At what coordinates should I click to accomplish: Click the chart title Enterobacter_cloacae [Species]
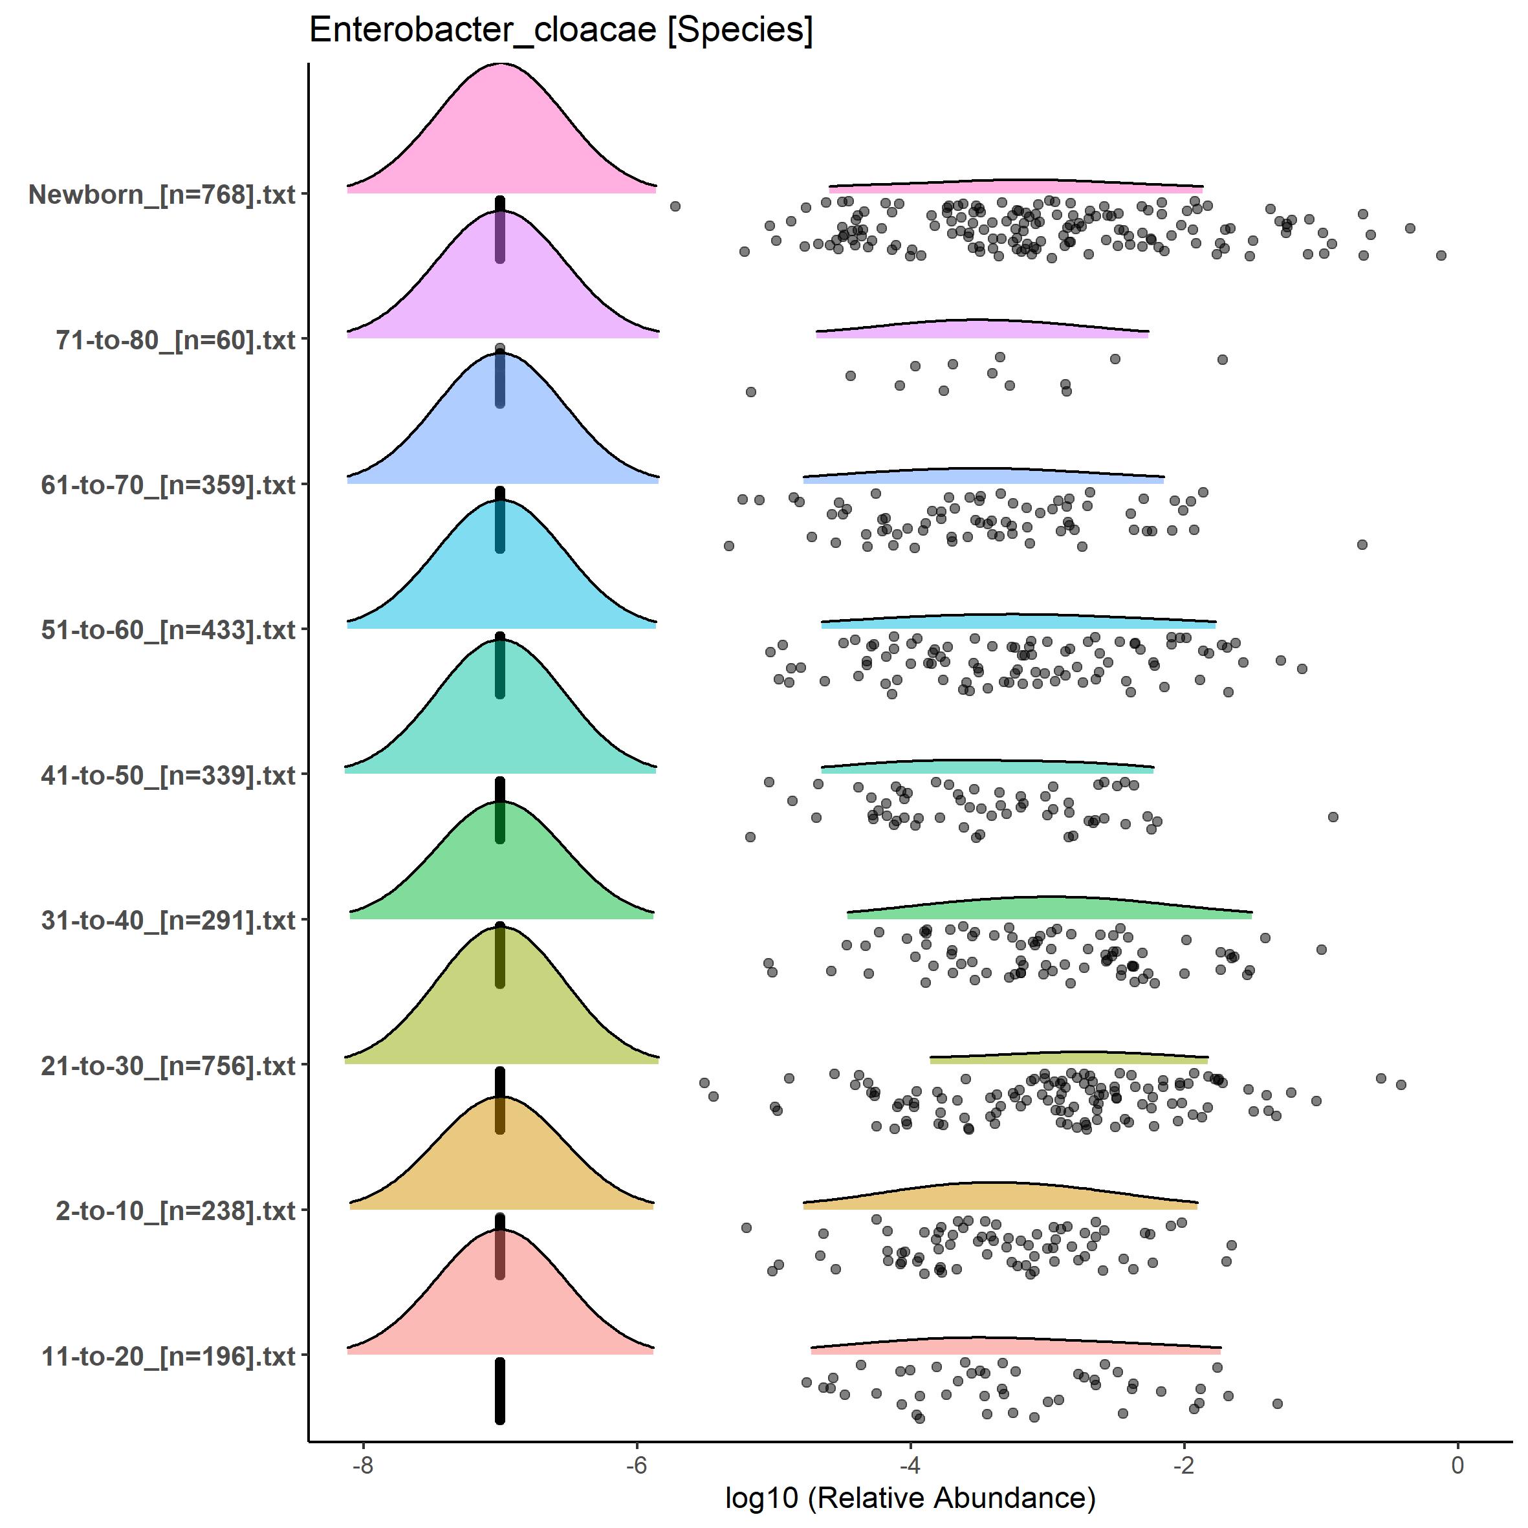click(x=560, y=31)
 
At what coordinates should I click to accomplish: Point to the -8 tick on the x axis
click(x=362, y=1465)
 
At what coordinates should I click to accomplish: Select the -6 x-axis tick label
click(x=636, y=1465)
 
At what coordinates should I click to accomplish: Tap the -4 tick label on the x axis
click(x=910, y=1465)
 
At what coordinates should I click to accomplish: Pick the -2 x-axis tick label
click(x=1183, y=1465)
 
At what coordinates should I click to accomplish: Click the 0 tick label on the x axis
click(x=1457, y=1465)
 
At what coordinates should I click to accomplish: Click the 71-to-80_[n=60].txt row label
click(x=175, y=340)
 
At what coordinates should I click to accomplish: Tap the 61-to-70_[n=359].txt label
click(x=168, y=485)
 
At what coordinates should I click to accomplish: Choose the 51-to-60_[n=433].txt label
click(x=168, y=630)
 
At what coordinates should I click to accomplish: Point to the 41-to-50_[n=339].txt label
click(x=168, y=776)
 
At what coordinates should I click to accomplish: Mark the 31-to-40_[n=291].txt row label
click(x=168, y=921)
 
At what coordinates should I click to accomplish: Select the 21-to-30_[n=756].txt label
click(x=168, y=1066)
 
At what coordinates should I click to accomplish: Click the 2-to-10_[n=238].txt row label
click(x=175, y=1211)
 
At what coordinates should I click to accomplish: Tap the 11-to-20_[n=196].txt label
click(x=168, y=1357)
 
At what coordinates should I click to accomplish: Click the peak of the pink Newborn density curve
click(x=501, y=65)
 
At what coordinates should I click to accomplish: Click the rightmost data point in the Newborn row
click(x=1441, y=256)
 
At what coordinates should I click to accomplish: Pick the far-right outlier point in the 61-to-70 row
click(x=1362, y=545)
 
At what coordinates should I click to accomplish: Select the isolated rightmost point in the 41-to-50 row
click(x=1333, y=817)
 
